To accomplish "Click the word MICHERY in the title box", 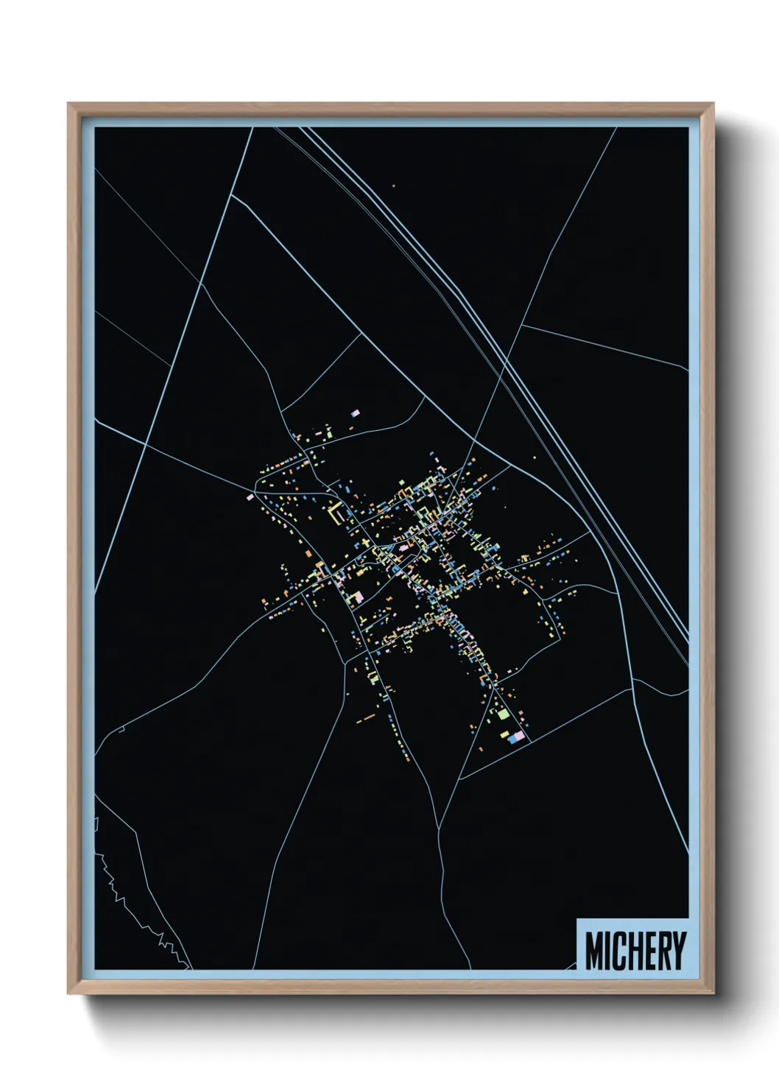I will tap(635, 951).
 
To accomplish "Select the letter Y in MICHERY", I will tap(678, 951).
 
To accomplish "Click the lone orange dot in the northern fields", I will tap(393, 186).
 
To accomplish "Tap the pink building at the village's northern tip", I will tap(356, 414).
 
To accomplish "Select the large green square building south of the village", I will tap(503, 713).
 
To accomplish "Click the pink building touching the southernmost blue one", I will tap(520, 736).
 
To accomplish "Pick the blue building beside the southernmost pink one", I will tap(512, 738).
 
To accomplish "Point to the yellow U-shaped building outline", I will tap(338, 513).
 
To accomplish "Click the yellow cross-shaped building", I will tap(365, 544).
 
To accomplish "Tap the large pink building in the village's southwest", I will tap(358, 597).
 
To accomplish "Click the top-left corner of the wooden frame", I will tap(68, 105).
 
